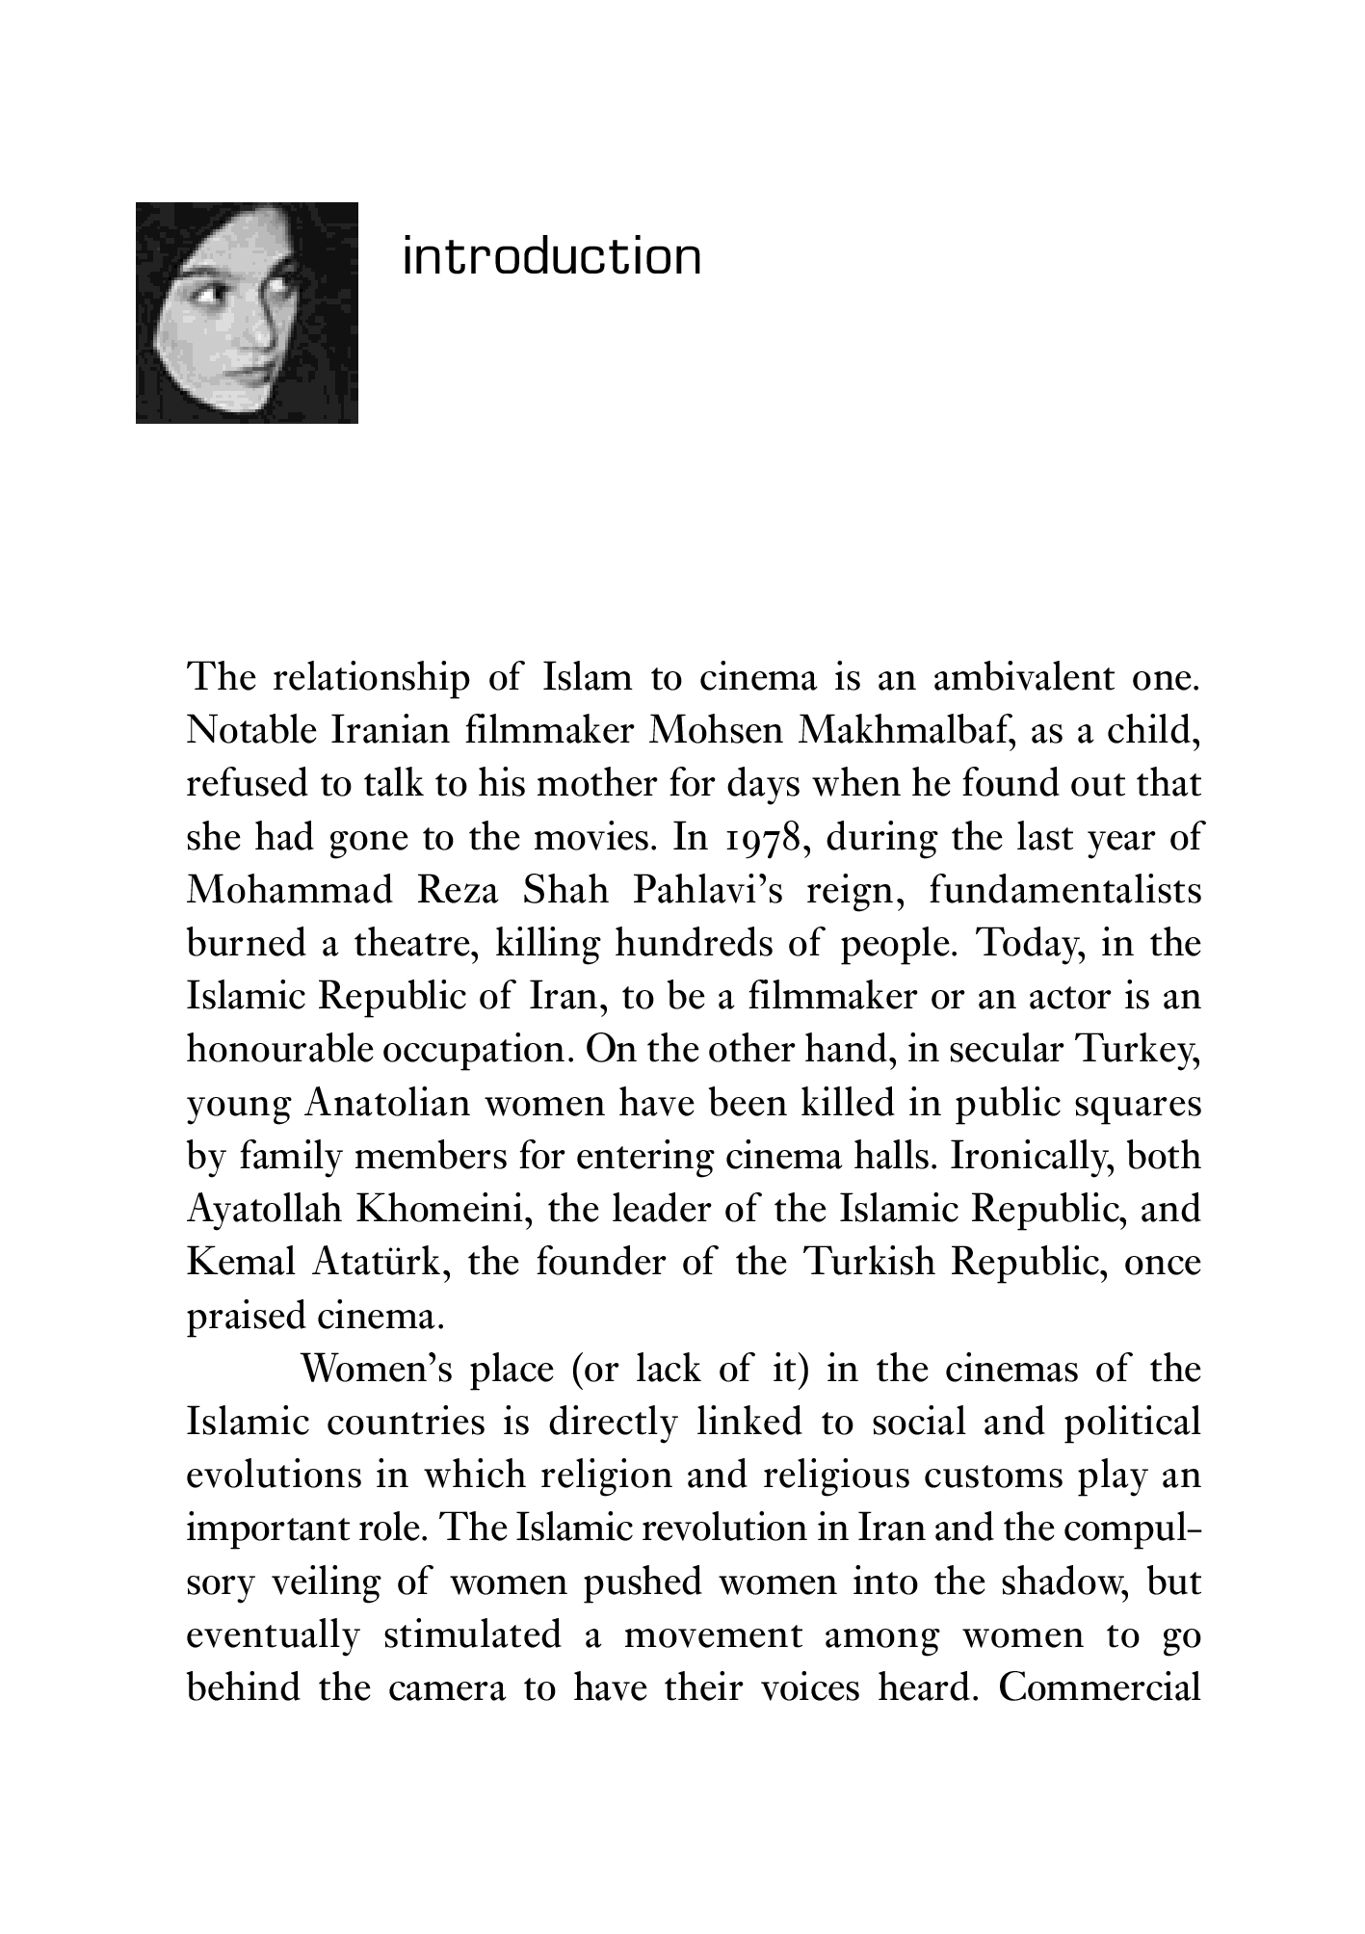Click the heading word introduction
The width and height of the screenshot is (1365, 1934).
[551, 256]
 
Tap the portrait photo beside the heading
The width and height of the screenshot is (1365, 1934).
[247, 312]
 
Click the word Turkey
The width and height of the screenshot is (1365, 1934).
[1138, 1048]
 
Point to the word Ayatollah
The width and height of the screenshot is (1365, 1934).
[264, 1208]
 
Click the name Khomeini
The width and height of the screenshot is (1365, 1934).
[445, 1208]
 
